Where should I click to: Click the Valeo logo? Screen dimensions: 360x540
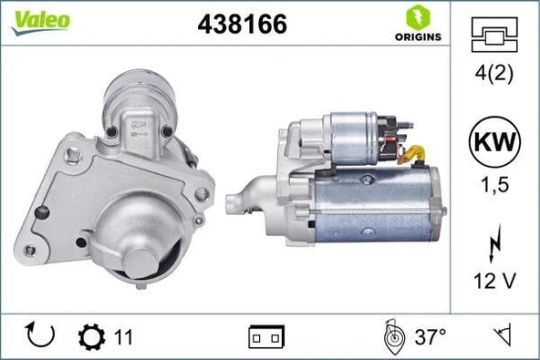tap(40, 21)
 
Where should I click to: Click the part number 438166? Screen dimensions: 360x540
tap(242, 25)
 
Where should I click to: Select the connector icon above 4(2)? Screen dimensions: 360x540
tap(493, 36)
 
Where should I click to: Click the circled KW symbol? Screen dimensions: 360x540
tap(493, 142)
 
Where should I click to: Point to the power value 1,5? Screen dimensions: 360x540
tap(493, 184)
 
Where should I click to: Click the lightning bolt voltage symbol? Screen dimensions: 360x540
tap(493, 245)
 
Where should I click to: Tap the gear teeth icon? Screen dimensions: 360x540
tap(92, 336)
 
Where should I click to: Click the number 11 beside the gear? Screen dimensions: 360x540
tap(123, 337)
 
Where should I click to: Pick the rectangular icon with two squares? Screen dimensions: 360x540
tap(266, 337)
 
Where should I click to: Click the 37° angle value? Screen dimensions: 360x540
tap(431, 337)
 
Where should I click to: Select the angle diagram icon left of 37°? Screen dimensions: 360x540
tap(394, 336)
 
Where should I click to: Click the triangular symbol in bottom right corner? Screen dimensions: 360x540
tap(500, 336)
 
